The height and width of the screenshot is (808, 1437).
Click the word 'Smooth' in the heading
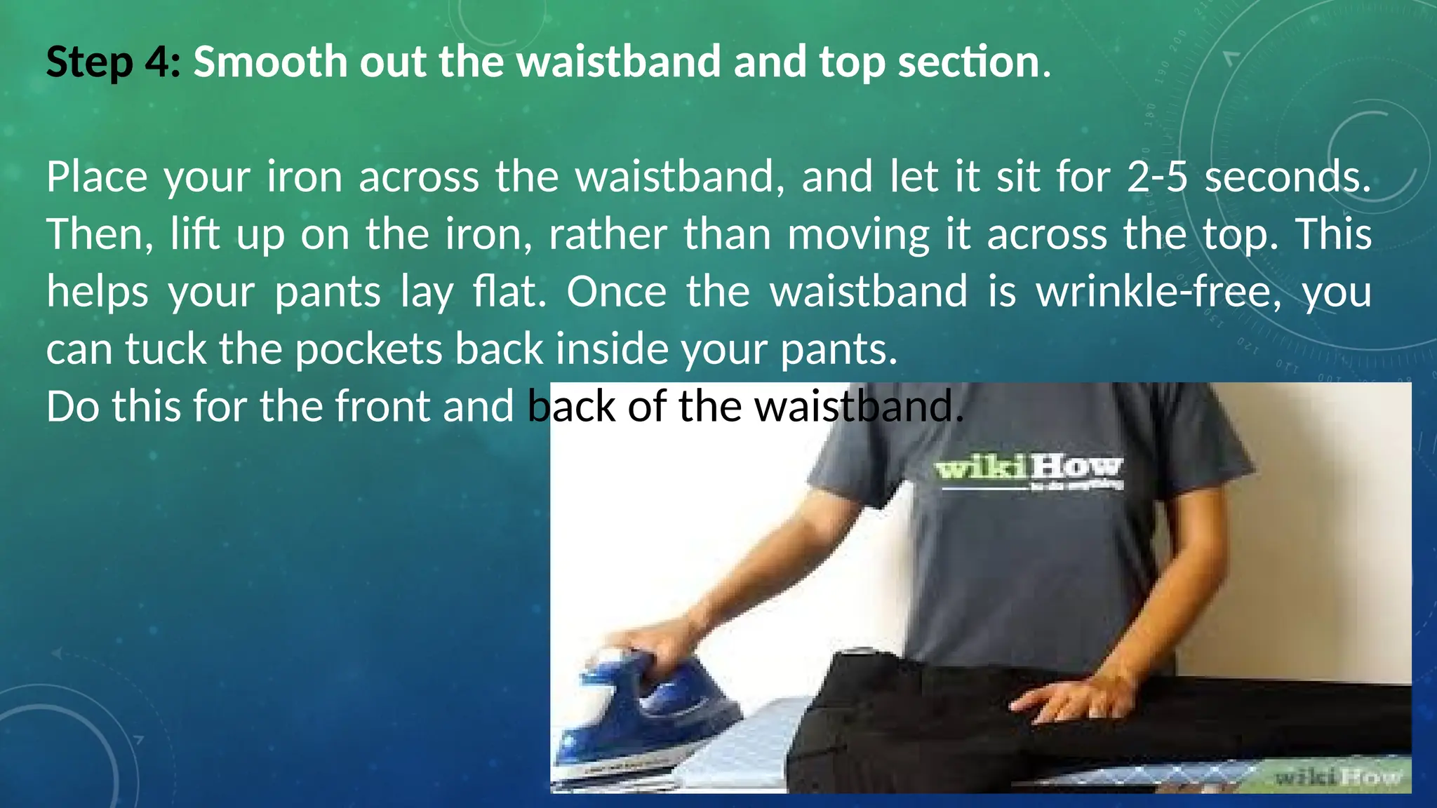(270, 62)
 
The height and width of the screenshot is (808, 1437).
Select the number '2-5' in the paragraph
(1157, 177)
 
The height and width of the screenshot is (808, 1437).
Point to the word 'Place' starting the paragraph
(97, 177)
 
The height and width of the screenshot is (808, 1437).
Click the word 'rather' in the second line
(608, 234)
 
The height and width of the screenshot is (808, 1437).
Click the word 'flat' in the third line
(507, 292)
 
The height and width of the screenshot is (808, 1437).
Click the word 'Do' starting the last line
(72, 407)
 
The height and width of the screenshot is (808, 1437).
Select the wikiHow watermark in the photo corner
(1337, 776)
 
